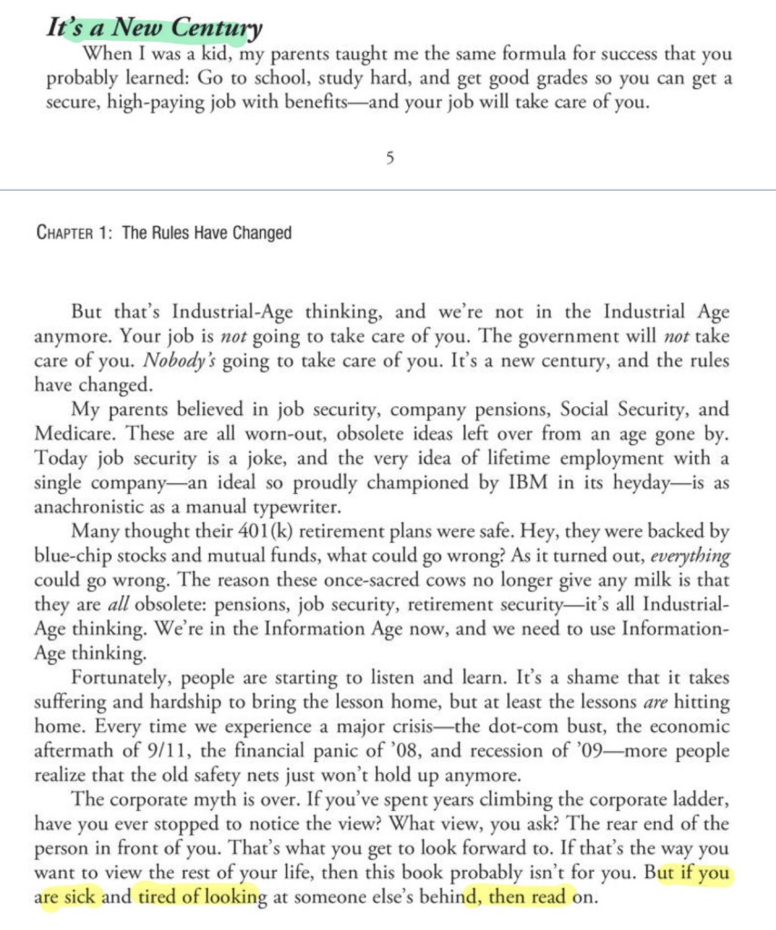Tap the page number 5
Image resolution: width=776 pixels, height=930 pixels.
click(390, 158)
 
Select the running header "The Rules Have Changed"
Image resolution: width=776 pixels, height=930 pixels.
click(206, 233)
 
